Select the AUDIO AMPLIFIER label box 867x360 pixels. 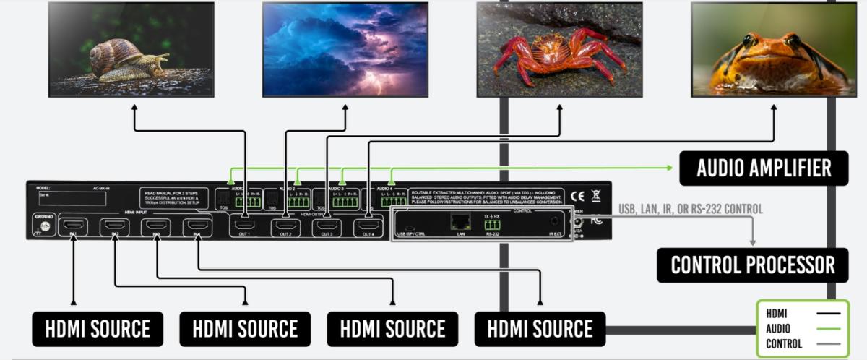[x=763, y=168]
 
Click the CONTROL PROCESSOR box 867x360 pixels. [x=752, y=265]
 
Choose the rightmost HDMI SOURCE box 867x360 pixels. [x=539, y=329]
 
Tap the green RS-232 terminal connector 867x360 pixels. [x=493, y=224]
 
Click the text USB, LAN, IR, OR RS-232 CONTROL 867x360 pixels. [x=690, y=209]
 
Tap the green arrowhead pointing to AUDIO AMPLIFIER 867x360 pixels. [x=668, y=168]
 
